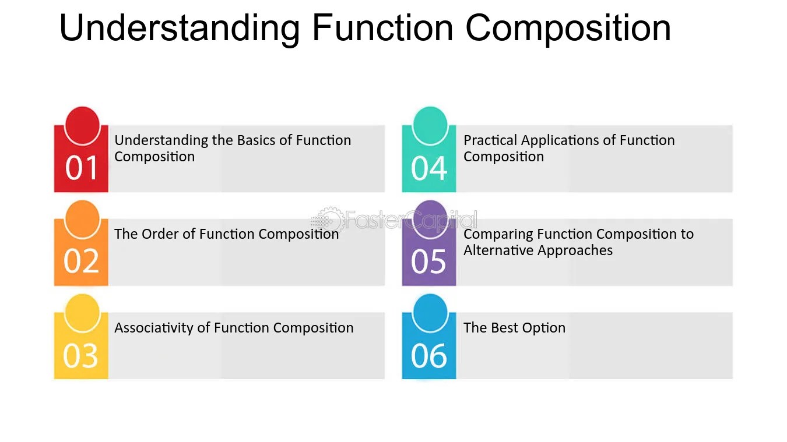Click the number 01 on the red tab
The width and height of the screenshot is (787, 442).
tap(82, 168)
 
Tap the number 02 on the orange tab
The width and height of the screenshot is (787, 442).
tap(82, 261)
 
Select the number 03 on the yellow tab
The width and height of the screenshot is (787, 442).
tap(80, 355)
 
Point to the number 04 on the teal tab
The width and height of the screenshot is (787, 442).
tap(429, 168)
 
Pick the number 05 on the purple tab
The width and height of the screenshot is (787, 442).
tap(428, 261)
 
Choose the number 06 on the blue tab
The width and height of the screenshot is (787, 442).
tap(429, 355)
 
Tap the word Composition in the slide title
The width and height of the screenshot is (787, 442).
tap(568, 28)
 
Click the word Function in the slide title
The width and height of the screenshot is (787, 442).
tap(382, 28)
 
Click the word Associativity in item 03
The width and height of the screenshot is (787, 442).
tap(154, 328)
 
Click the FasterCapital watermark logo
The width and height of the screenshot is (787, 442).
tap(394, 220)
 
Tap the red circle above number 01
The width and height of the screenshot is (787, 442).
tap(82, 124)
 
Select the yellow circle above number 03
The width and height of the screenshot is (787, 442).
tap(82, 312)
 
